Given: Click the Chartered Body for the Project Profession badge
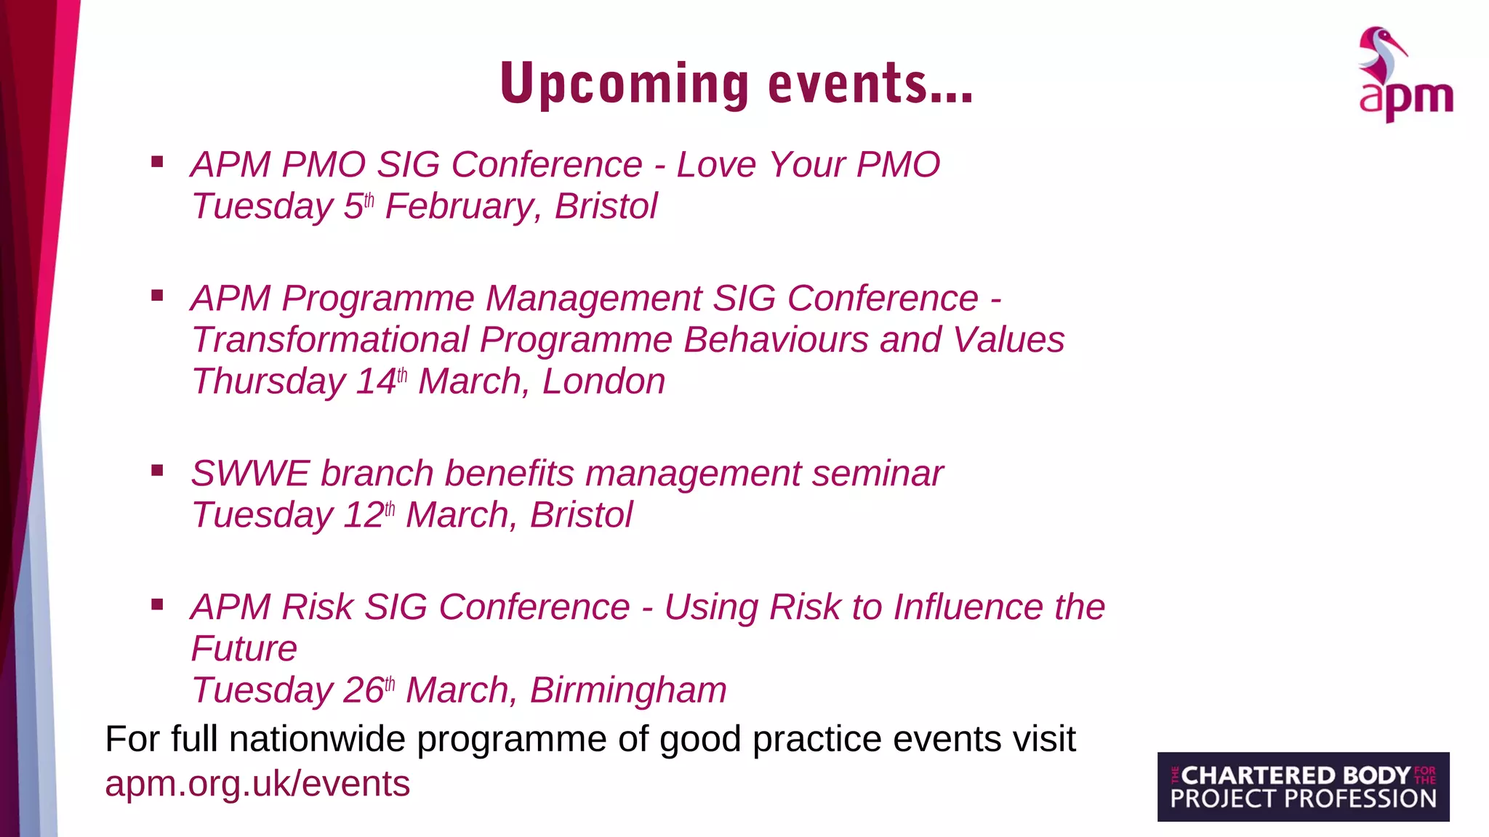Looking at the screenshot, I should pyautogui.click(x=1303, y=787).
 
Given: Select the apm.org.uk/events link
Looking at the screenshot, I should pyautogui.click(x=257, y=784).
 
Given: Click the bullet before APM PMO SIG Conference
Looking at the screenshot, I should pyautogui.click(x=157, y=162).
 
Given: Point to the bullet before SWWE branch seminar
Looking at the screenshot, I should pyautogui.click(x=157, y=471).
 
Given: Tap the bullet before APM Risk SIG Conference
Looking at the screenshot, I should pyautogui.click(x=157, y=604).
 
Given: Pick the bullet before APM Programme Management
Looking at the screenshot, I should pyautogui.click(x=157, y=296).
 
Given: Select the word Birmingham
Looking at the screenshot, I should pyautogui.click(x=628, y=690).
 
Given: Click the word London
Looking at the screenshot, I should pyautogui.click(x=603, y=381).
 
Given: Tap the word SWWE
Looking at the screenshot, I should pyautogui.click(x=250, y=474).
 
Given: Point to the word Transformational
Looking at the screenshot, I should pyautogui.click(x=331, y=340).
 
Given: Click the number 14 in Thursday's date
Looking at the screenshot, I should pyautogui.click(x=376, y=381).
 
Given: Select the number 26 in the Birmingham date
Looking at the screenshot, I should pyautogui.click(x=363, y=690).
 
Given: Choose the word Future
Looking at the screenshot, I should pyautogui.click(x=244, y=649).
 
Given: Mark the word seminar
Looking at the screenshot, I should pyautogui.click(x=878, y=474).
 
